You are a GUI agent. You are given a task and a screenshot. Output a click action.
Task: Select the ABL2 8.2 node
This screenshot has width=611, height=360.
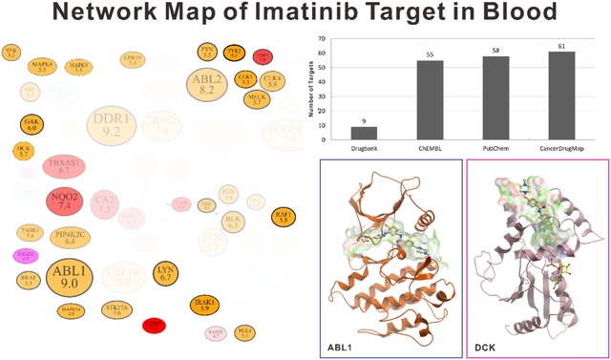point(205,85)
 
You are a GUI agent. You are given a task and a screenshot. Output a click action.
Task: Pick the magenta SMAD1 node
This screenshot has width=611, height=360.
point(25,256)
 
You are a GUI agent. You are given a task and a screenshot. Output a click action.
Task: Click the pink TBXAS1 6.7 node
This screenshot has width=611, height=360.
point(64,165)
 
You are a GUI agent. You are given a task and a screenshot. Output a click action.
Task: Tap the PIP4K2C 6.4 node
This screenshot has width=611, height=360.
point(70,238)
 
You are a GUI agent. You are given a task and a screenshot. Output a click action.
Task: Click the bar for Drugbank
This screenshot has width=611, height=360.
point(364,134)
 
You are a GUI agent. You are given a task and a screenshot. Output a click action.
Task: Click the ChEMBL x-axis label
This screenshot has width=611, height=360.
point(429,149)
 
